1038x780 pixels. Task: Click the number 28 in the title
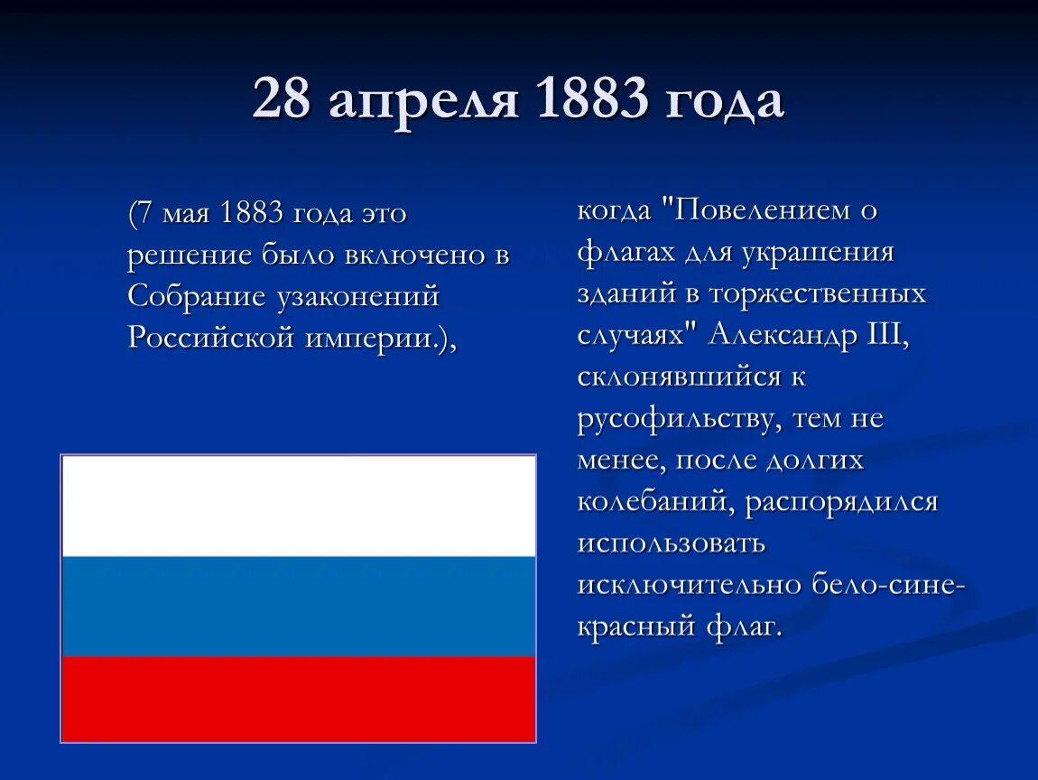[283, 100]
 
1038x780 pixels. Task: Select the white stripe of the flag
[298, 506]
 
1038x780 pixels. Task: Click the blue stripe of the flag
[298, 606]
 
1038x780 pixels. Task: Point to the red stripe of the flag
[298, 699]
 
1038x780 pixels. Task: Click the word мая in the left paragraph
[189, 215]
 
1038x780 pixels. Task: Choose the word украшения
[818, 253]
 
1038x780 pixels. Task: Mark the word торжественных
[818, 294]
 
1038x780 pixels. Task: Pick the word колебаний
[654, 502]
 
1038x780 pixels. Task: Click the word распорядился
[841, 502]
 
